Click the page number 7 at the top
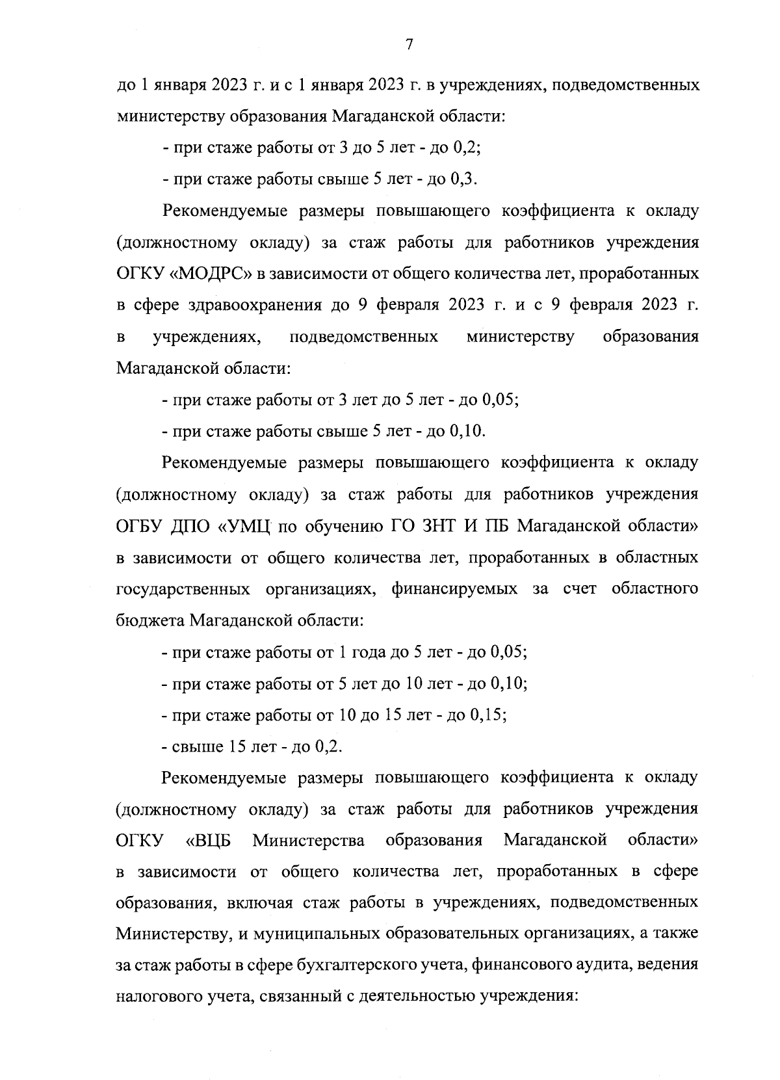coord(409,45)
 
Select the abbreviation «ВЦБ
coord(209,841)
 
